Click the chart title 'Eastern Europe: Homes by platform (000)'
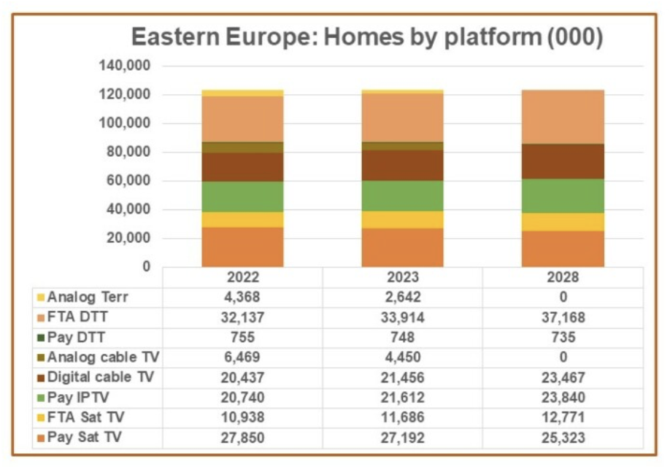pos(366,37)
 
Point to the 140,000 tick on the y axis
pos(124,66)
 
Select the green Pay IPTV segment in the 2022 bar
pos(242,196)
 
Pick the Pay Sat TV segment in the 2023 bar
pos(403,248)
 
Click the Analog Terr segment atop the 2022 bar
pos(242,93)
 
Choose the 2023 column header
pos(403,278)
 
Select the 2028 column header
pos(563,278)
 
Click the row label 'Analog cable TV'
pos(104,358)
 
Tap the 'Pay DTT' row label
pos(77,338)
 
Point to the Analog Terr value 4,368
pos(242,298)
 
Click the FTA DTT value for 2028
pos(563,317)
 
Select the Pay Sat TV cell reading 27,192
pos(403,438)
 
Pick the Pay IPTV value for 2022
pos(242,398)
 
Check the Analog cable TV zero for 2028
pos(563,358)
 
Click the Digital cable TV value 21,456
pos(403,378)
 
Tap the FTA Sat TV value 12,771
pos(563,418)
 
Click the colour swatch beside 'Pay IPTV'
pos(42,398)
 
